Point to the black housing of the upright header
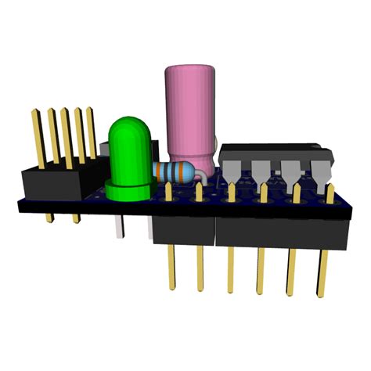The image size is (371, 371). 51,184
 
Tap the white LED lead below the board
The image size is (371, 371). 117,227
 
